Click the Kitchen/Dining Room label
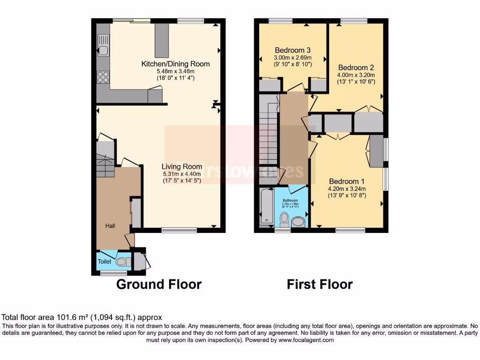176,64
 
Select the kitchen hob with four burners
103,77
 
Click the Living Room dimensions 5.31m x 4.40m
181,173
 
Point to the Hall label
110,226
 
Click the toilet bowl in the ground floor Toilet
123,262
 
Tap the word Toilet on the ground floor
105,262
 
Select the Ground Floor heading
158,284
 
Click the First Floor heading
320,284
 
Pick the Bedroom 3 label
292,50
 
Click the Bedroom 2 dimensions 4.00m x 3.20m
356,75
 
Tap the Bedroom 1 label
346,181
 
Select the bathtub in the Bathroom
267,206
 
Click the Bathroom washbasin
298,221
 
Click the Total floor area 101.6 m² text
82,317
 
